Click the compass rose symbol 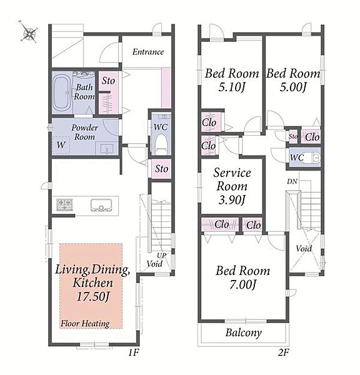29,32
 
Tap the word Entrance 148,52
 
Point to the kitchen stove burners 64,205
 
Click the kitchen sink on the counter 101,206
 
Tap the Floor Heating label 85,324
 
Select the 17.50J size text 93,296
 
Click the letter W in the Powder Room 61,145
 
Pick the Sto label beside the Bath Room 108,81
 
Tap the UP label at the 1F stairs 161,256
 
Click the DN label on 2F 292,181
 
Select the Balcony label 244,332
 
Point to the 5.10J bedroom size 232,87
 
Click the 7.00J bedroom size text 242,284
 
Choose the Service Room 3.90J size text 232,200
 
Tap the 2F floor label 284,352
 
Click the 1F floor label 134,352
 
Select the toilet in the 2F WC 311,157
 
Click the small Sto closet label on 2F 293,136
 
